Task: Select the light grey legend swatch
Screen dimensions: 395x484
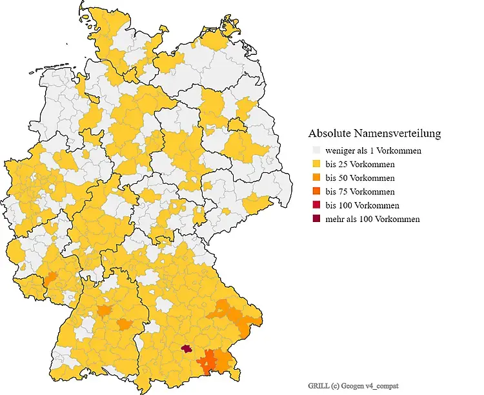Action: [316, 151]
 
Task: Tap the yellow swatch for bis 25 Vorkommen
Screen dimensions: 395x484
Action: [316, 165]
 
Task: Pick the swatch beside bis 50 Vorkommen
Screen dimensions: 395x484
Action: [316, 178]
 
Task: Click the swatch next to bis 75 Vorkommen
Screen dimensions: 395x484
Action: [316, 192]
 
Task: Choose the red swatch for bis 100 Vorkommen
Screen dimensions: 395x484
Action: [316, 205]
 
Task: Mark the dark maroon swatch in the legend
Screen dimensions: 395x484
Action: [316, 219]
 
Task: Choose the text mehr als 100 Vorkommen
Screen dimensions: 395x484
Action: [372, 219]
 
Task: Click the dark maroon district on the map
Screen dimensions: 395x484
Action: [187, 349]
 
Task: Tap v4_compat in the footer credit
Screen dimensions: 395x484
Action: [389, 385]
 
